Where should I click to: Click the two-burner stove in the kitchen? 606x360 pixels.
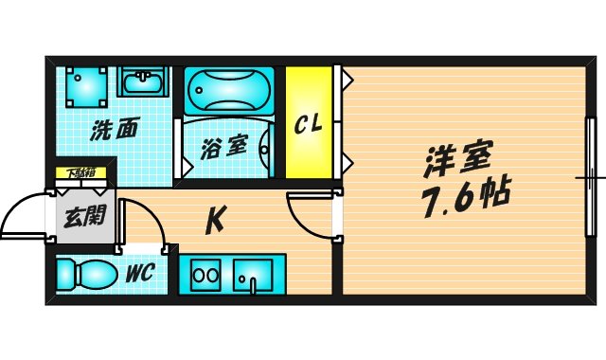[x=205, y=278]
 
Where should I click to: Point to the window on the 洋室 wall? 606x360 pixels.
[x=591, y=177]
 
